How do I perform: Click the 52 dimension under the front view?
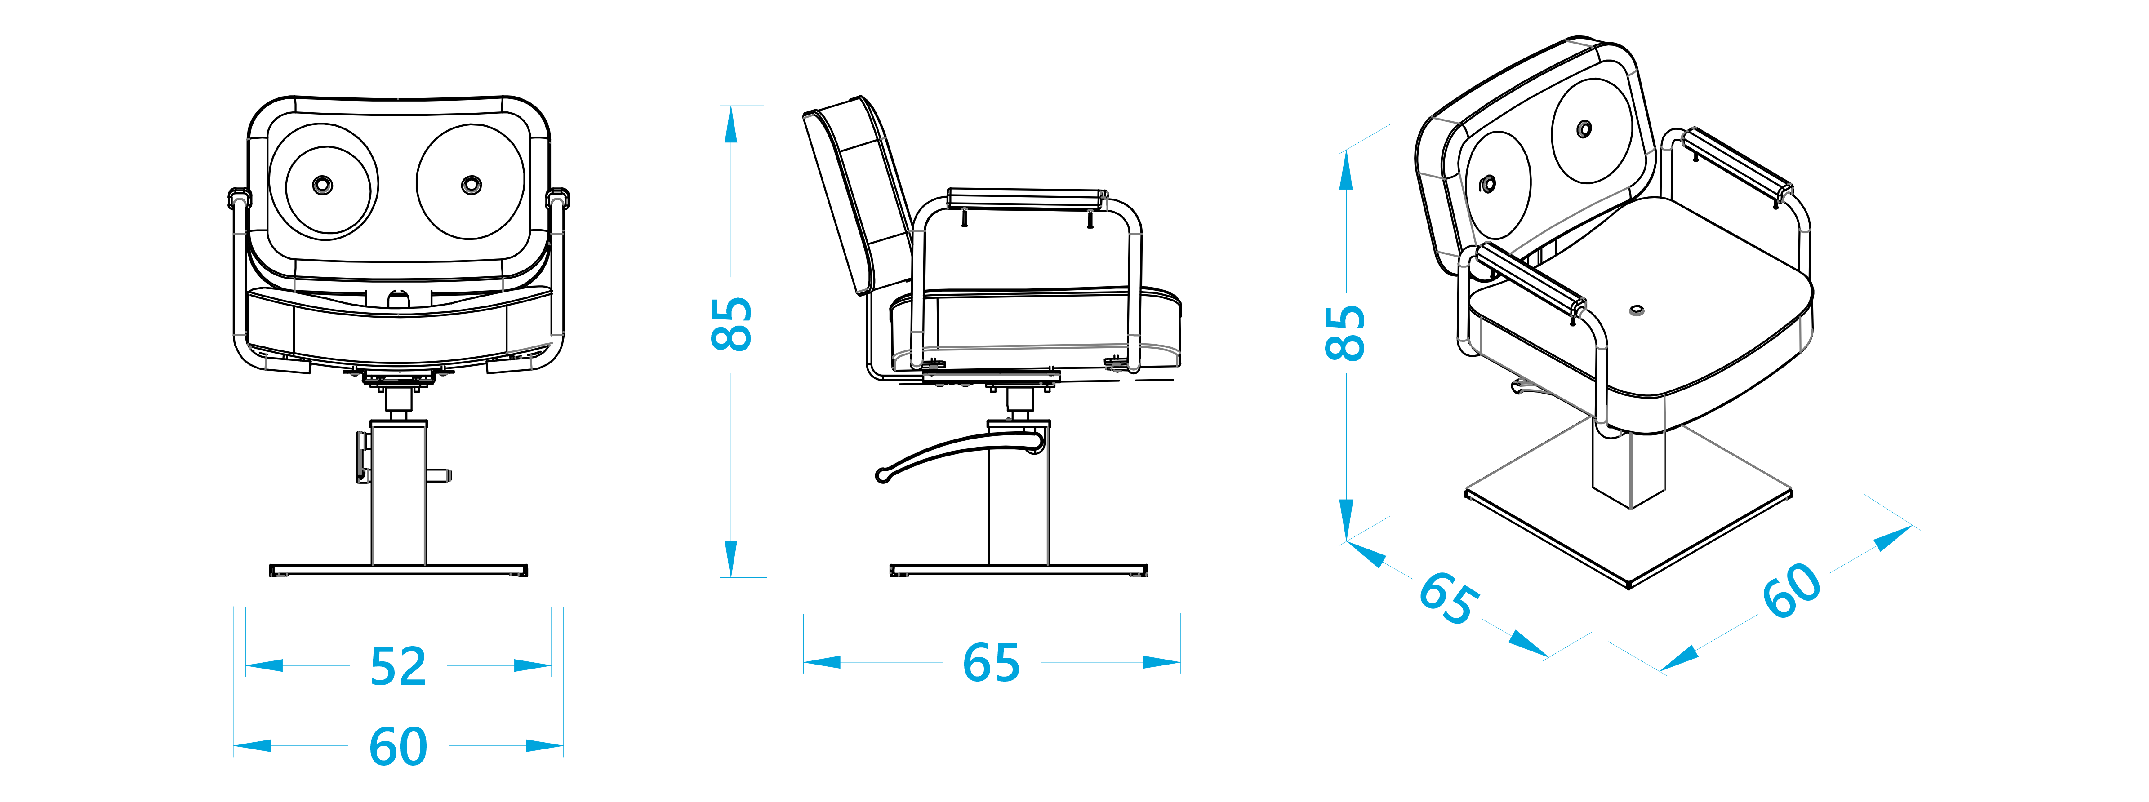[x=398, y=666]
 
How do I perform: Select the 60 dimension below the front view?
[x=398, y=746]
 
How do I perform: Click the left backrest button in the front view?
[x=322, y=184]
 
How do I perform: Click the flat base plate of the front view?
[x=398, y=570]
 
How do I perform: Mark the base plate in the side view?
[x=1018, y=570]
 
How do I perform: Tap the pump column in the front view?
[x=398, y=492]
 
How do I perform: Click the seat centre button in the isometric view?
[x=1637, y=311]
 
